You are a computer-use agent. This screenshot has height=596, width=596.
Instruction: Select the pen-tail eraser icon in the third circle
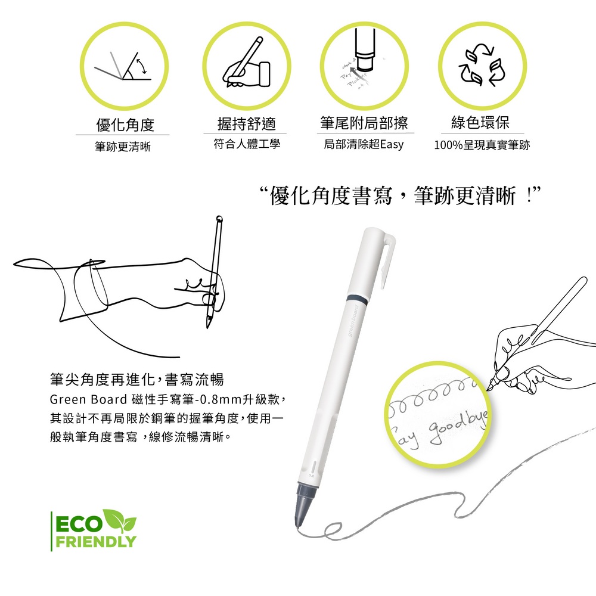[363, 63]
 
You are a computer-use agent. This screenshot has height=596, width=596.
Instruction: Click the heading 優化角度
[125, 125]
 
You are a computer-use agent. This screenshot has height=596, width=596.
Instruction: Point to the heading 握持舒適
[247, 123]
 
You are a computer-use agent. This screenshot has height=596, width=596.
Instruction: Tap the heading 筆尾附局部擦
[364, 123]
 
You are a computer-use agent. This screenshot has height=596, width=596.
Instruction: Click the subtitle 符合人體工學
[247, 144]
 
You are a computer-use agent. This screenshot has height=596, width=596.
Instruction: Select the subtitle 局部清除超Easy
[364, 144]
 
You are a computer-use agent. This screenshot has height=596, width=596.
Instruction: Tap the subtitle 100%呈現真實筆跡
[482, 145]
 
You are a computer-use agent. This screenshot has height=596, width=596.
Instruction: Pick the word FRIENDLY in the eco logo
[95, 542]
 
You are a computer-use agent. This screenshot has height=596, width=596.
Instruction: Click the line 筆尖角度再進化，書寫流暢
[136, 380]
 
